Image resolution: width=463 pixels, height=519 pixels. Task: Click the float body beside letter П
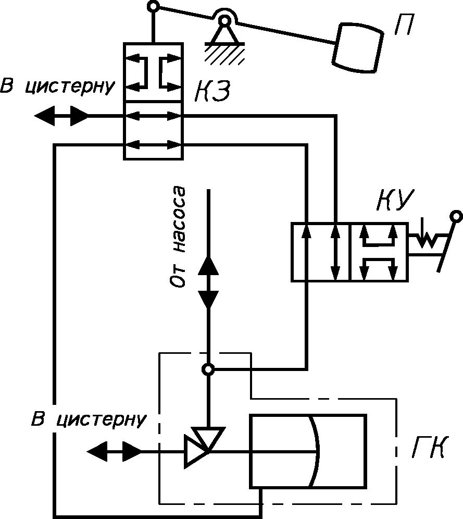(358, 47)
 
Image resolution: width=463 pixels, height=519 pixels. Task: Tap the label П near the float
(404, 24)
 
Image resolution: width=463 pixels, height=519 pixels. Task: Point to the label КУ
(395, 200)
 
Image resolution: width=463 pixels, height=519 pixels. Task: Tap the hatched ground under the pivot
(225, 53)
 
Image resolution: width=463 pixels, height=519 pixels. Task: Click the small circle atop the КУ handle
(456, 216)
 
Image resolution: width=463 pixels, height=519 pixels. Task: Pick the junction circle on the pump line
(208, 369)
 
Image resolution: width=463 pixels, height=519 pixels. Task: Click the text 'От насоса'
(177, 237)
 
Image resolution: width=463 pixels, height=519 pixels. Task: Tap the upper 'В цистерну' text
(57, 86)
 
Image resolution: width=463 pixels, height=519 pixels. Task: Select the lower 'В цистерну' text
(89, 419)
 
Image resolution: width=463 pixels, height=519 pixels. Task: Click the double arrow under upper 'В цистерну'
(61, 116)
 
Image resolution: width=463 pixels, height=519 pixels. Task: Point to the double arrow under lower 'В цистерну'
(114, 451)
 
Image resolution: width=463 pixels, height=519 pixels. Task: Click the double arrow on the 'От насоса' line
(208, 282)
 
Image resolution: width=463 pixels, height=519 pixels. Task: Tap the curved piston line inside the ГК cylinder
(315, 451)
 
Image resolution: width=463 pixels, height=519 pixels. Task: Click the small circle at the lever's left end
(153, 6)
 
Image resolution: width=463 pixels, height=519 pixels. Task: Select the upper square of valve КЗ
(154, 72)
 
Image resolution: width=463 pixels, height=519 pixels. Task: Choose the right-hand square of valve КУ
(378, 252)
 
